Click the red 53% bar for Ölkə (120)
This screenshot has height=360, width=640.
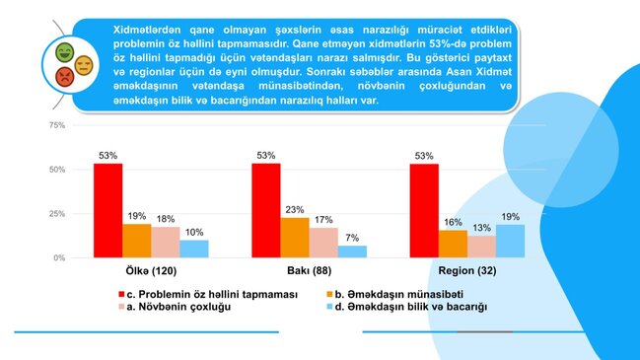click(x=108, y=210)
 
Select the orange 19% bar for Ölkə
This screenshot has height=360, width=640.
click(x=137, y=241)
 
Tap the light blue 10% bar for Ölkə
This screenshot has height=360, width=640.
click(x=194, y=249)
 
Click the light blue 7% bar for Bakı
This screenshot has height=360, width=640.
click(x=352, y=252)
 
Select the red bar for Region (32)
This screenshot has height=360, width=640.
click(x=424, y=210)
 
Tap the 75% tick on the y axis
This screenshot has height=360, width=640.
click(x=56, y=125)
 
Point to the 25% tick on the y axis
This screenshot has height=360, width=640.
click(x=56, y=214)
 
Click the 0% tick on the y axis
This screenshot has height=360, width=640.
click(x=59, y=257)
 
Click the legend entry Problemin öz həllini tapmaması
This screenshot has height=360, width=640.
click(x=207, y=294)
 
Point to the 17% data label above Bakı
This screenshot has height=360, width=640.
click(x=323, y=219)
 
